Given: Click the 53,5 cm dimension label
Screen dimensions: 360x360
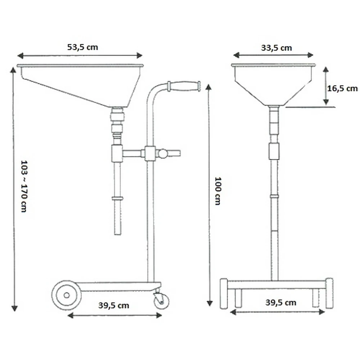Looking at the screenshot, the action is pos(83,47).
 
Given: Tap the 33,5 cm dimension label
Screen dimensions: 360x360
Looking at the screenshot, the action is pos(276,48).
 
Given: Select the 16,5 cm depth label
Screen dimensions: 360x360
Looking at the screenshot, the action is pos(342,89).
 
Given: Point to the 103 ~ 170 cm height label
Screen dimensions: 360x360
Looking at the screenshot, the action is pos(24,186).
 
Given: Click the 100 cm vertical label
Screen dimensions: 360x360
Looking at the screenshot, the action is pos(218,190).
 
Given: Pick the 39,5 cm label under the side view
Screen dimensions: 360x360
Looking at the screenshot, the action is pos(114,306).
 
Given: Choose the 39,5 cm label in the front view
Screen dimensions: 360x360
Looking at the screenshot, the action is pos(281,303).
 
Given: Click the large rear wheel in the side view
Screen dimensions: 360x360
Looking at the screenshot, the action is pos(66,295).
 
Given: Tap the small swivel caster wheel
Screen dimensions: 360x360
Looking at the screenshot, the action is pos(161,301).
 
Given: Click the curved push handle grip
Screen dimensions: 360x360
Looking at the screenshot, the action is pos(184,86).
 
